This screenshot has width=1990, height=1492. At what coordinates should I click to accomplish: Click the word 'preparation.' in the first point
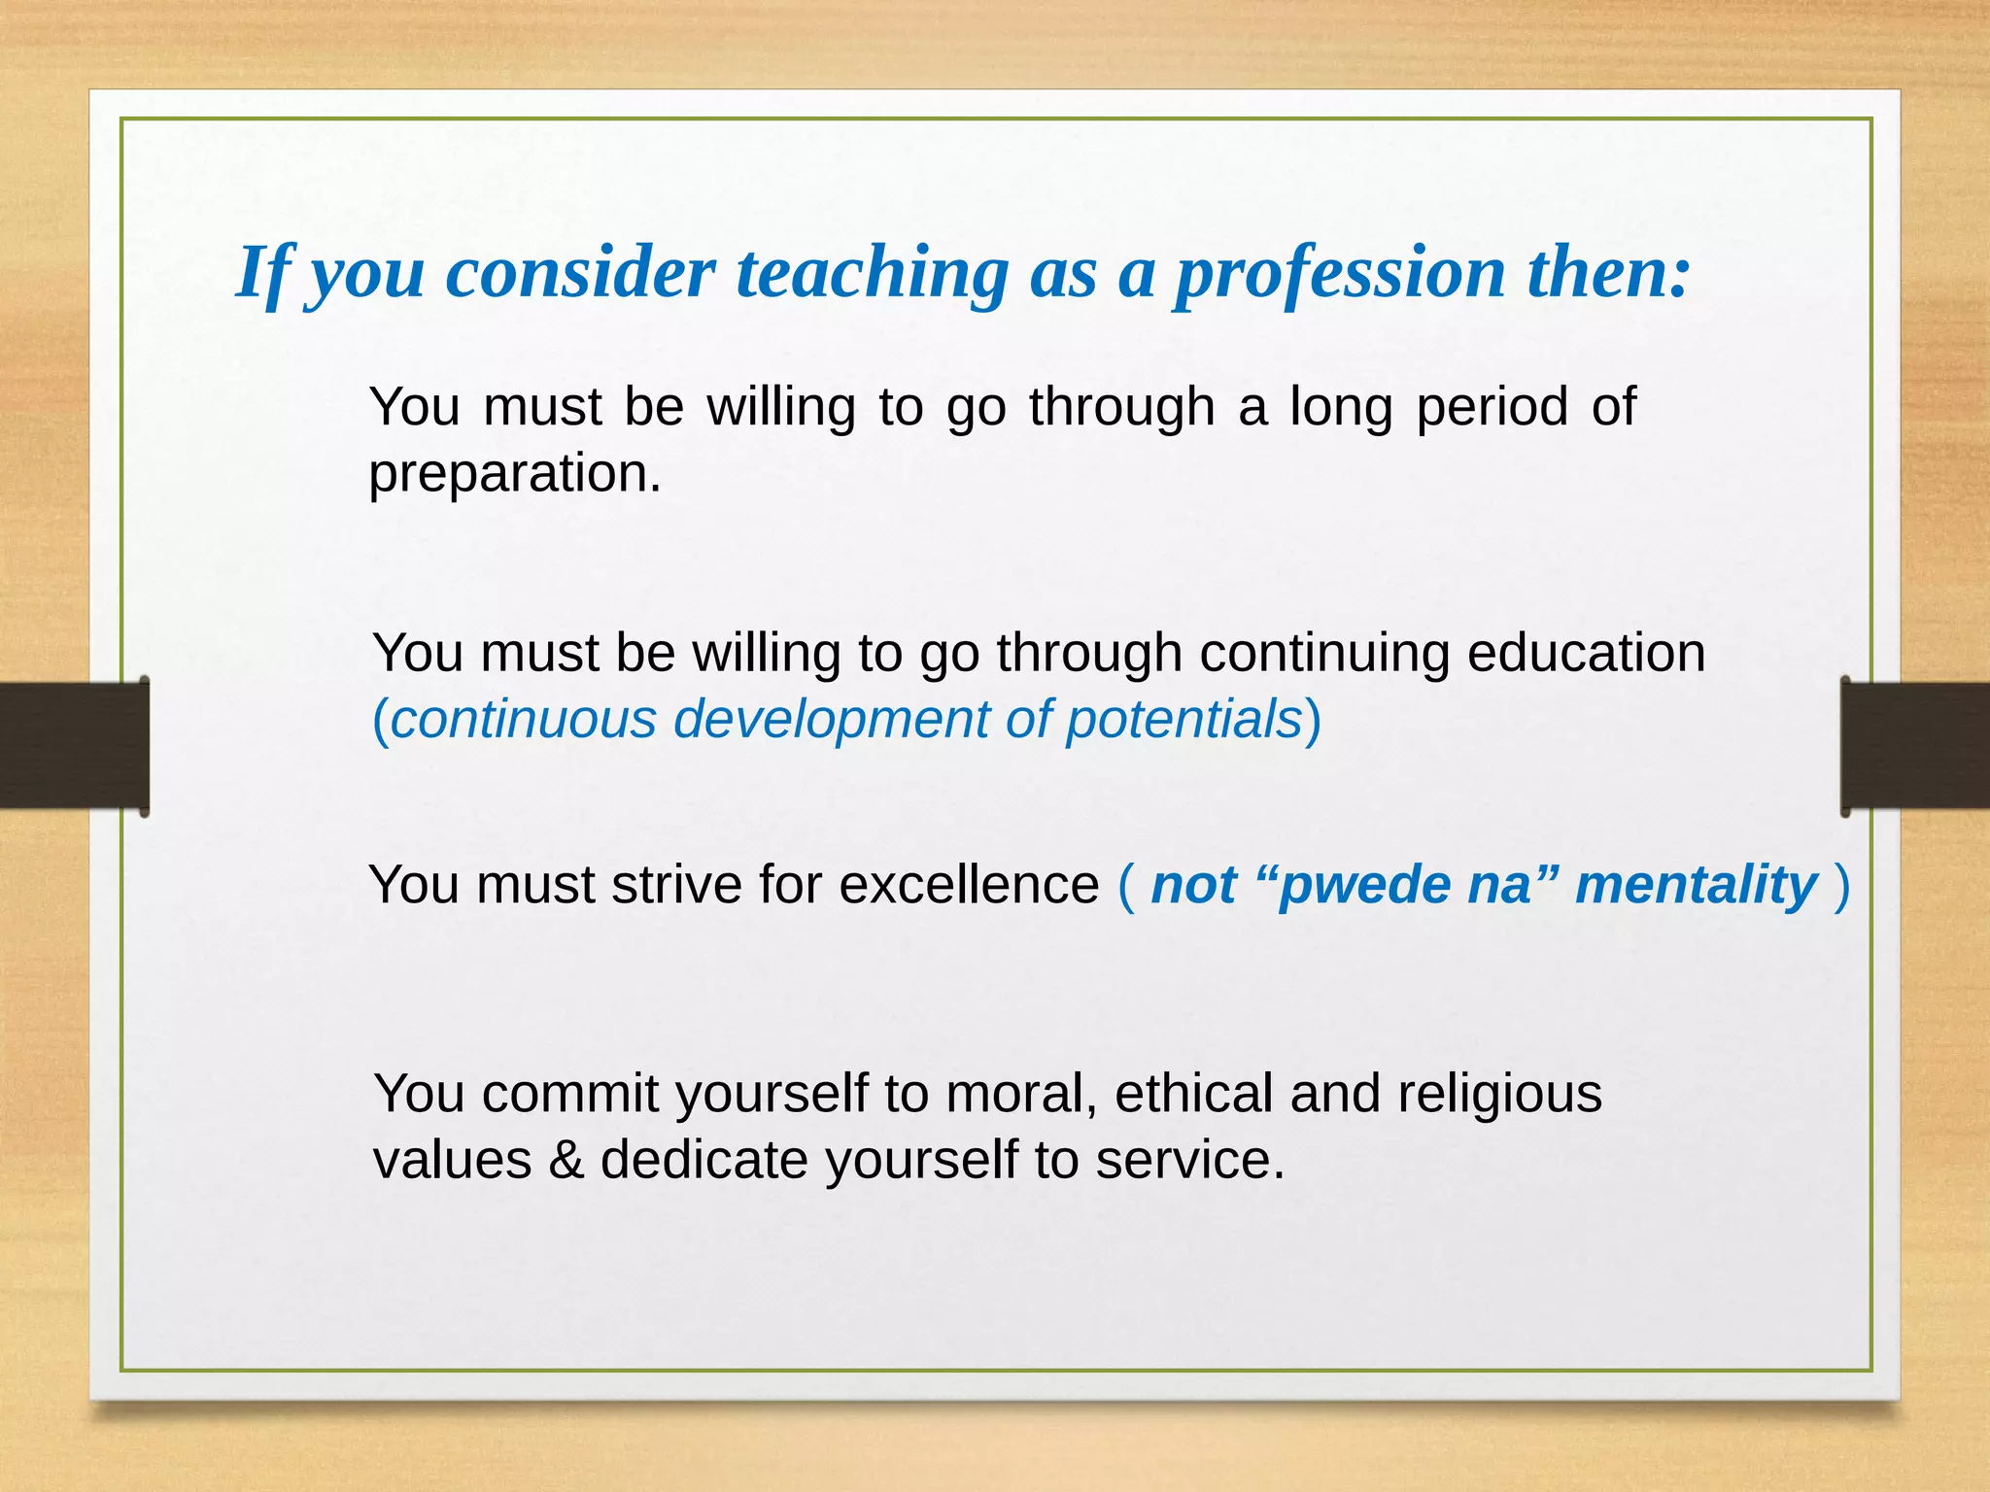click(514, 475)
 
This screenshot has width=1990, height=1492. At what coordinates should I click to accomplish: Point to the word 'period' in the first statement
click(1492, 407)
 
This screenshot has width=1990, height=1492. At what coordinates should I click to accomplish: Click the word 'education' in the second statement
click(1585, 653)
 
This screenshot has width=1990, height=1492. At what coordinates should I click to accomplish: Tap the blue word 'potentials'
click(1184, 720)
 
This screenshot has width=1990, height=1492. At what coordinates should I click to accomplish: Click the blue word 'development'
click(831, 720)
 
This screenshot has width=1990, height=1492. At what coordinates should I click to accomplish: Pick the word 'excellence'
click(968, 885)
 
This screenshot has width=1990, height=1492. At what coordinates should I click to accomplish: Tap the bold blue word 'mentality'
click(1695, 885)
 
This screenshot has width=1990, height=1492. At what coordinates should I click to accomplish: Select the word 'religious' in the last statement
click(1499, 1094)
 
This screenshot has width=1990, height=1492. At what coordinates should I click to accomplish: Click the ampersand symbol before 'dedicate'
click(566, 1161)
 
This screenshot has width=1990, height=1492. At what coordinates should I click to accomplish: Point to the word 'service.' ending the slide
click(1189, 1161)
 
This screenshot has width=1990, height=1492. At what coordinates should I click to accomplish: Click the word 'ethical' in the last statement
click(1193, 1094)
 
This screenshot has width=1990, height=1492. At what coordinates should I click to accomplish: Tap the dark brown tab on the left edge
click(73, 745)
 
